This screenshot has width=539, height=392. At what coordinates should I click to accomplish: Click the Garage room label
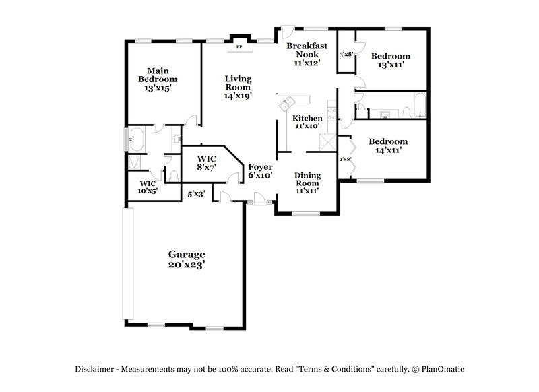coord(187,259)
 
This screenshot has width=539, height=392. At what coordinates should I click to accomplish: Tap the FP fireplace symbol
coord(238,47)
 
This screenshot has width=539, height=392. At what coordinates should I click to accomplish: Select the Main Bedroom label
coord(158,79)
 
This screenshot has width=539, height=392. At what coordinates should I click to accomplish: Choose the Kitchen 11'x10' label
coord(307,122)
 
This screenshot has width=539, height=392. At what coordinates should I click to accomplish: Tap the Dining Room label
coord(307,183)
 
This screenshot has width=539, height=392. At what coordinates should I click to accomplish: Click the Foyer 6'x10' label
coord(260,170)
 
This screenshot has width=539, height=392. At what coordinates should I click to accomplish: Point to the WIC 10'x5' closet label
coord(148,187)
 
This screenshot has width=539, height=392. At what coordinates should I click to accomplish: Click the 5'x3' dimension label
coord(196,194)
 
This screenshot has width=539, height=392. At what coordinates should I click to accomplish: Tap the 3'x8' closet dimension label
coord(346,53)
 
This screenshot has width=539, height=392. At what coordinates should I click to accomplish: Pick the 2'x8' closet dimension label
coord(345,160)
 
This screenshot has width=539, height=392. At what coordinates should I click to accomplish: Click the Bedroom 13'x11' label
coord(390,61)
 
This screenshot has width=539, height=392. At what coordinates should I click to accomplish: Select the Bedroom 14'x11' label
coord(387,146)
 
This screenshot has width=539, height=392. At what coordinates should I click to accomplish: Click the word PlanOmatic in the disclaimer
coord(447,370)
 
